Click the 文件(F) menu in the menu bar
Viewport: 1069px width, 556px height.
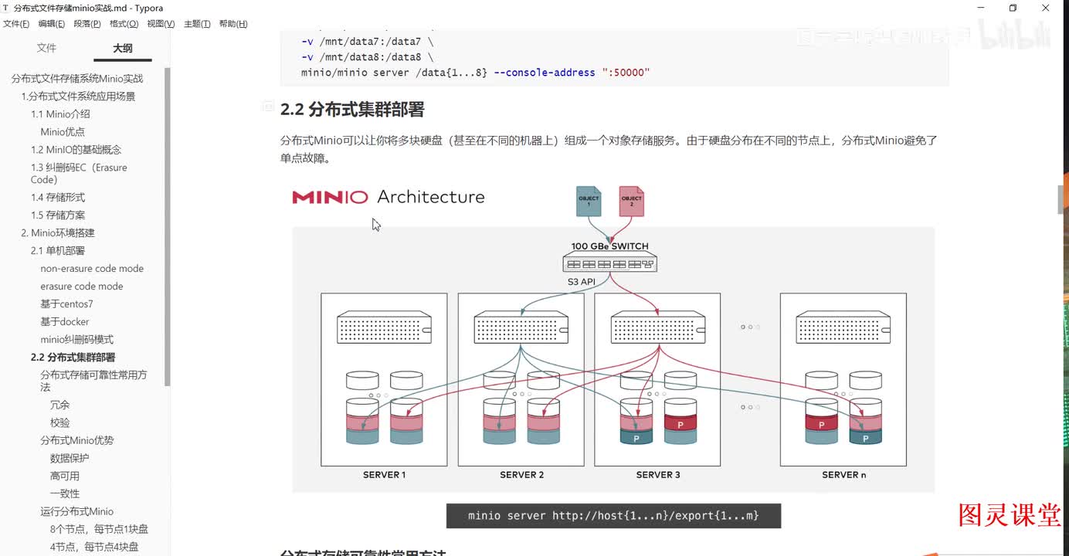[16, 24]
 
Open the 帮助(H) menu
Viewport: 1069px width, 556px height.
[232, 24]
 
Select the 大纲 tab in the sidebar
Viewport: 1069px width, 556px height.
[122, 48]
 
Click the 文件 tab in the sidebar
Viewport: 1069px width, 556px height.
[46, 48]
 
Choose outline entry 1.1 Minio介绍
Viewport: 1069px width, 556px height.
[60, 114]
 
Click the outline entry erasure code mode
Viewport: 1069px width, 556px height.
[81, 286]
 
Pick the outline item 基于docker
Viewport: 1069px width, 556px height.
[65, 322]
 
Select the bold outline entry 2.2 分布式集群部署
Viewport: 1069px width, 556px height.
[73, 358]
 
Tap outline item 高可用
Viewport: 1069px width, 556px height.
[65, 476]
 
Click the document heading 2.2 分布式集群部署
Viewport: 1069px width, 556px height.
[352, 110]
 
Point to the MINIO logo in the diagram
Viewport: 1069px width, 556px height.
[330, 198]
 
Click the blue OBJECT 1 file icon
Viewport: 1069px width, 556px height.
[589, 201]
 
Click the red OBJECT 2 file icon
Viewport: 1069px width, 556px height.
[631, 201]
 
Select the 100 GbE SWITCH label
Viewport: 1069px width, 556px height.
[609, 246]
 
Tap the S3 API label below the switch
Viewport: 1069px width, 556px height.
[582, 282]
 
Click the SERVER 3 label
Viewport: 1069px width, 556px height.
[658, 475]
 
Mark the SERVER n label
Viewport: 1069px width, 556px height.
[843, 475]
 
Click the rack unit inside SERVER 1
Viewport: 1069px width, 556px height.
[384, 327]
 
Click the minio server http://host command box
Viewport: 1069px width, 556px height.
[613, 516]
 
